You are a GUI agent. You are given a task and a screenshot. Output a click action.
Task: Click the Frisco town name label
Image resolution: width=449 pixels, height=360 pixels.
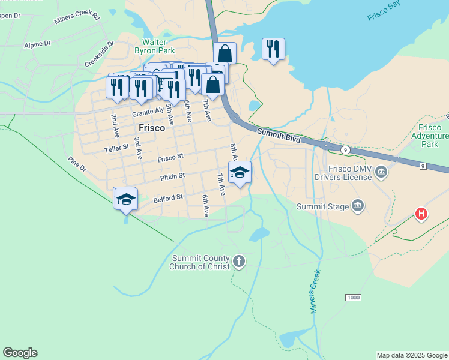(152, 128)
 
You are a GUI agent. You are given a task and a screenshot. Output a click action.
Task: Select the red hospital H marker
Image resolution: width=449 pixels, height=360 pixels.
(422, 214)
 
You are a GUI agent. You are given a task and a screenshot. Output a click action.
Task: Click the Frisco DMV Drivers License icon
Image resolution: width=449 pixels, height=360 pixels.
(381, 173)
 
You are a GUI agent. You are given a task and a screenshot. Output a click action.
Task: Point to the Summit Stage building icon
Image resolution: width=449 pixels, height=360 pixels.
(358, 206)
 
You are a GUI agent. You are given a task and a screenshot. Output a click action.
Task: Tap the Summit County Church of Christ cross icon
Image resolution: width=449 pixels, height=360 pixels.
(239, 262)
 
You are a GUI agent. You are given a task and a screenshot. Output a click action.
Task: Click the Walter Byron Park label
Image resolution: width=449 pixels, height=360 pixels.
(158, 47)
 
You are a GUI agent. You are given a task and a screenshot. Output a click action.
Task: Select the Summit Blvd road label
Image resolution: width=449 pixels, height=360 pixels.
(278, 134)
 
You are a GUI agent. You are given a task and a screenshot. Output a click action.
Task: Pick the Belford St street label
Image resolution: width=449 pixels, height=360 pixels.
(168, 197)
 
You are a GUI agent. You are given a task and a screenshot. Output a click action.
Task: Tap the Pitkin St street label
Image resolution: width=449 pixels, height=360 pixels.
(173, 177)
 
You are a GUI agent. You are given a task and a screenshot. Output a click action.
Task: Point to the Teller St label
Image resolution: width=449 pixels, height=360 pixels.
(116, 147)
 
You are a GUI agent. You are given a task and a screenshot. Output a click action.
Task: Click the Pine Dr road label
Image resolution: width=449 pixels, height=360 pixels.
(77, 164)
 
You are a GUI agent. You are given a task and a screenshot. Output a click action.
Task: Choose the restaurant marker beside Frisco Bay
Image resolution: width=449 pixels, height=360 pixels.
(273, 49)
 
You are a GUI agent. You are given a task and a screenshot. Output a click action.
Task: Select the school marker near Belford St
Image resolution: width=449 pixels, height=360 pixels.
(126, 198)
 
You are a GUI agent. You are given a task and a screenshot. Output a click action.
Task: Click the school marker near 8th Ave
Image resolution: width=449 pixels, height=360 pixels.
(240, 172)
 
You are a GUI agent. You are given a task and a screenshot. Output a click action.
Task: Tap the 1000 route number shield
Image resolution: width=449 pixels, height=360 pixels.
(353, 298)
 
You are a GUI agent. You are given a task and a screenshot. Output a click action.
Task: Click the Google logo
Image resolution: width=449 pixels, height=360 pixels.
(20, 353)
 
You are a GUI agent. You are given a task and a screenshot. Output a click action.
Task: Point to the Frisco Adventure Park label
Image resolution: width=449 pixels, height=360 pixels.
(430, 136)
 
